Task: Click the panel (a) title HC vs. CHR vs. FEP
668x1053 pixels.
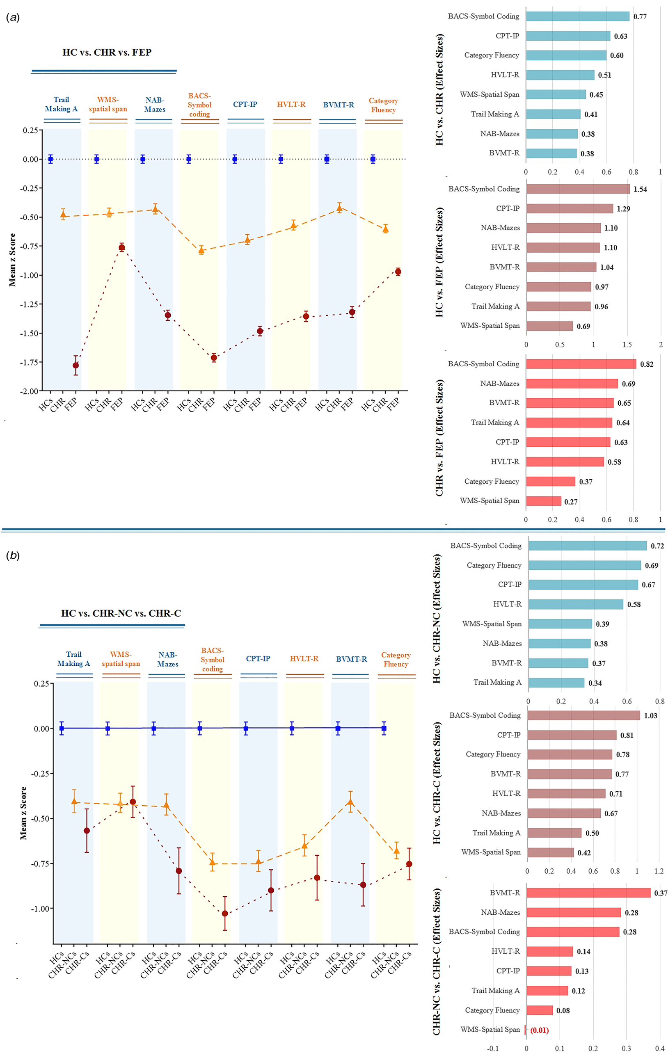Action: point(107,53)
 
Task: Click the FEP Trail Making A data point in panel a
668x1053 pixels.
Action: point(75,365)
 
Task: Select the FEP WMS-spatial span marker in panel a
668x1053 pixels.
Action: point(121,247)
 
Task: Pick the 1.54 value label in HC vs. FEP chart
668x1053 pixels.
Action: point(640,190)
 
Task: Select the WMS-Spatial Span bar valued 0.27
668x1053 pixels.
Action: point(543,501)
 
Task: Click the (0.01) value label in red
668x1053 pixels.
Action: point(540,1030)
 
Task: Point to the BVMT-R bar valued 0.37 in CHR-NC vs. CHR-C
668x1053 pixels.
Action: point(588,893)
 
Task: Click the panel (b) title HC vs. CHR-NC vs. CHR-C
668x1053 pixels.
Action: point(121,614)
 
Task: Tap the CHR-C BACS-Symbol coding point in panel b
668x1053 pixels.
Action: point(225,914)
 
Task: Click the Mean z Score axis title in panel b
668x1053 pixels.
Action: point(23,813)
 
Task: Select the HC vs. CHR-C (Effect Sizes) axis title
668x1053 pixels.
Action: point(437,783)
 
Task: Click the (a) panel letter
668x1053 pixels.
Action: point(13,18)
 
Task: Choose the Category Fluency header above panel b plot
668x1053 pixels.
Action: point(396,660)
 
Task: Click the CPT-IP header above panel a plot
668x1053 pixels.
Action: point(245,105)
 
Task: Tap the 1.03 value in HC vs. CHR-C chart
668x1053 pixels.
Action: point(650,716)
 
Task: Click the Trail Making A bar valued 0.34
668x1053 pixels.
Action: point(556,683)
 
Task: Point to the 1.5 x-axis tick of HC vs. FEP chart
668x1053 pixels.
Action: point(627,345)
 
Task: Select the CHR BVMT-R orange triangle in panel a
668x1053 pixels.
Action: point(339,208)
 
